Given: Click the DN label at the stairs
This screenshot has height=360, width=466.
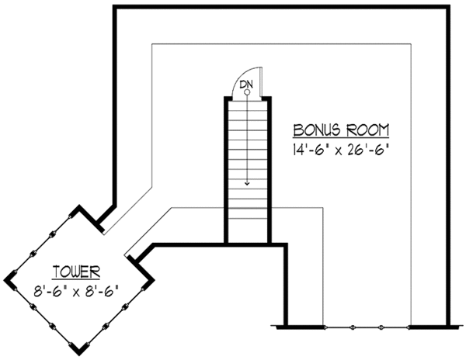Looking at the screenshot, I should click(246, 83).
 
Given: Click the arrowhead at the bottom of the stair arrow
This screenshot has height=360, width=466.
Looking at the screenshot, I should click(246, 184).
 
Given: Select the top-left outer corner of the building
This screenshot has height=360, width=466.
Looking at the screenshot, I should click(115, 7).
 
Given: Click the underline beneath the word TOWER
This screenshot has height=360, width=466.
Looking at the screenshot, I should click(76, 279).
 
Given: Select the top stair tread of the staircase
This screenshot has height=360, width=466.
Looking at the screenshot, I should click(246, 105).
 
